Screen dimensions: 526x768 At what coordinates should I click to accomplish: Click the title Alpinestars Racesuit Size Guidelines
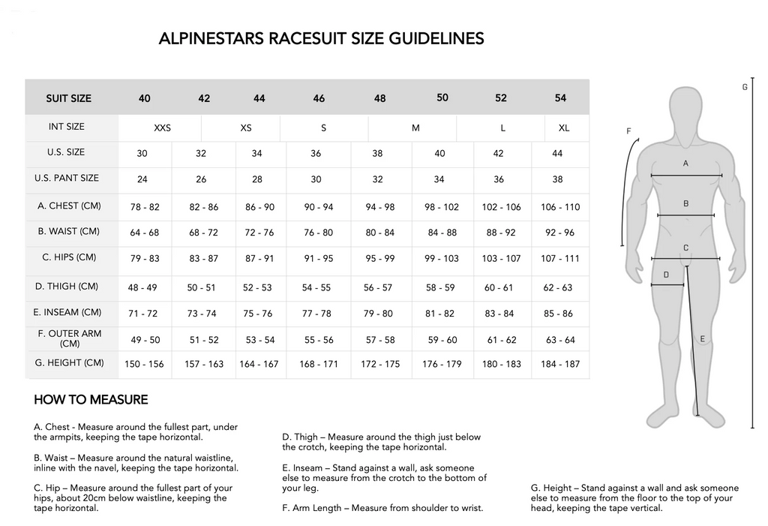point(321,39)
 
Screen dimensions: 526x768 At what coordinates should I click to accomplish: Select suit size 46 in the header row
point(319,98)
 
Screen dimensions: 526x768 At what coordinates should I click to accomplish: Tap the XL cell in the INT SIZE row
point(564,128)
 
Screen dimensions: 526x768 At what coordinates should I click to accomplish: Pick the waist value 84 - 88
point(442,233)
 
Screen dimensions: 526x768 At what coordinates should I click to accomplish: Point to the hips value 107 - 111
point(560,258)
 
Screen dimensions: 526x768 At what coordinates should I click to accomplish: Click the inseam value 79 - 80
point(378,313)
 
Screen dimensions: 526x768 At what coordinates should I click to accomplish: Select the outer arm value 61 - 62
point(502,340)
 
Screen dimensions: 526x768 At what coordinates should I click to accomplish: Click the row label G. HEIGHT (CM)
point(69,363)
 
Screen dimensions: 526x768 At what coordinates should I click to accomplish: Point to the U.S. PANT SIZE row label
point(67,179)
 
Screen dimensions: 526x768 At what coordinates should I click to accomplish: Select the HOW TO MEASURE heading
point(91,400)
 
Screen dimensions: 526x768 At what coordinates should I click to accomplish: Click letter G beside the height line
point(745,87)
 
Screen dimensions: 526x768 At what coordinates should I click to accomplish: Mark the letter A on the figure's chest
point(685,163)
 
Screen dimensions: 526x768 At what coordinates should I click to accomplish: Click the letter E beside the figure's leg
point(703,339)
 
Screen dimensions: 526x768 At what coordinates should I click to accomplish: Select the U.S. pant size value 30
point(316,180)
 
